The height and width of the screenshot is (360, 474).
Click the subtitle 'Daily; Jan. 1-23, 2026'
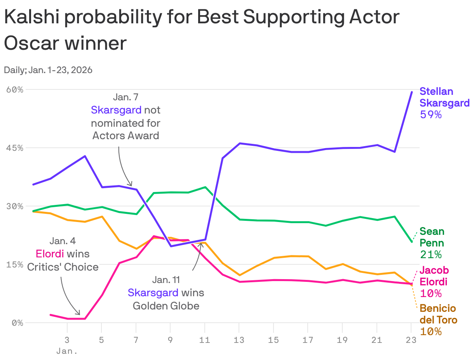coord(48,70)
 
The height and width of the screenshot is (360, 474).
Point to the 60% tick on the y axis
coord(15,90)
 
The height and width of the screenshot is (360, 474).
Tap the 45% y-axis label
coord(15,148)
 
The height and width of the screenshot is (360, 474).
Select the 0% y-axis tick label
coord(17,323)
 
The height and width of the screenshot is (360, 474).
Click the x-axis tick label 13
coord(239,340)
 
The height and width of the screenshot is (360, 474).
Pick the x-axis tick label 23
coord(411,340)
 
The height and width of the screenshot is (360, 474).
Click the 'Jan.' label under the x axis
coord(67,351)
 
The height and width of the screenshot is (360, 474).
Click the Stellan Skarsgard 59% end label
coord(444,103)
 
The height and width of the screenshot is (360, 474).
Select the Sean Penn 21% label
coord(432,243)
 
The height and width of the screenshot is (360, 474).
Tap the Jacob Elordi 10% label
coord(434,281)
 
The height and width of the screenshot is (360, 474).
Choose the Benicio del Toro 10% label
coord(438,320)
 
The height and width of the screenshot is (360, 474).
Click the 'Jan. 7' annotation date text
coord(125,97)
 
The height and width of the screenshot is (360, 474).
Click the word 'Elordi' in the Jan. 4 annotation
coord(50,254)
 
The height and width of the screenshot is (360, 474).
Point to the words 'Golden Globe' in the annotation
coord(166,306)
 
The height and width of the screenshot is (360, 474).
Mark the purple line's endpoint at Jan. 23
coord(411,92)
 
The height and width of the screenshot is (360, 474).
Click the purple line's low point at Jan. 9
coord(171,246)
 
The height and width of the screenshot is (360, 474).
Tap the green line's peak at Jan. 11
coord(205,187)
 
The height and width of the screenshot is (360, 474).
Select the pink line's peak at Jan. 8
coord(154,236)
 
